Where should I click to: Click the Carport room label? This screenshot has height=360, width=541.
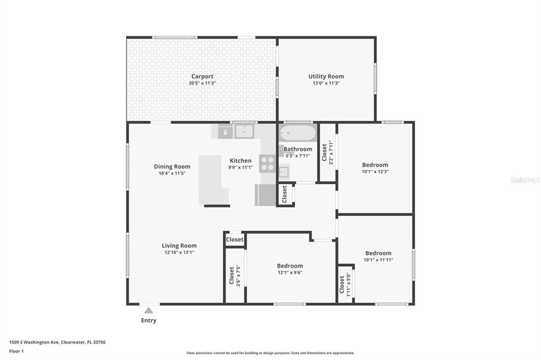tap(202, 77)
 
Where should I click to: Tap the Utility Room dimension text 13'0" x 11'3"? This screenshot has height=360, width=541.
tap(326, 83)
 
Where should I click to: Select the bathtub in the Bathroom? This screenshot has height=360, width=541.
tap(297, 131)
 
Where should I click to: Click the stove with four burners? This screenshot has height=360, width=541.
tap(267, 163)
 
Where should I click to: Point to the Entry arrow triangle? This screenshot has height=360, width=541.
tap(149, 310)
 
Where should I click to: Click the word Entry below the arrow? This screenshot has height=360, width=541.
tap(148, 320)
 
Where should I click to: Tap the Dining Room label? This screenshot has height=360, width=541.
tap(172, 166)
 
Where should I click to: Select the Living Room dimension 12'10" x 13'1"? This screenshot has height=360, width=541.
tap(179, 252)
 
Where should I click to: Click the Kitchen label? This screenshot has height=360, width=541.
tap(240, 160)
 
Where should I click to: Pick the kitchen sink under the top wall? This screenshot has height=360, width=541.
tap(245, 131)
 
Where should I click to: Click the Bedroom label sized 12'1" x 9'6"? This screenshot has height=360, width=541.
tap(290, 266)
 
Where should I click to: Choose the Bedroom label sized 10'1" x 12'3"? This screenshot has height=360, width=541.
tap(375, 165)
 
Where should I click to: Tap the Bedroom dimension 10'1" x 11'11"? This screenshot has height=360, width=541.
tap(378, 260)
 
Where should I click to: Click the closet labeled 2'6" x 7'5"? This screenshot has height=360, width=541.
tap(235, 275)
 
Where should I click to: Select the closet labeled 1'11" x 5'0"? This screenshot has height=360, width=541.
tap(344, 284)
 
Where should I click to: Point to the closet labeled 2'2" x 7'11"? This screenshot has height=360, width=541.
tap(328, 153)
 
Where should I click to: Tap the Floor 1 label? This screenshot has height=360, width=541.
tap(16, 351)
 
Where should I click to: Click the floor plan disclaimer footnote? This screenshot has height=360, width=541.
tap(270, 353)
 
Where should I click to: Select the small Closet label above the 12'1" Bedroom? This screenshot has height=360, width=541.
tap(235, 240)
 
